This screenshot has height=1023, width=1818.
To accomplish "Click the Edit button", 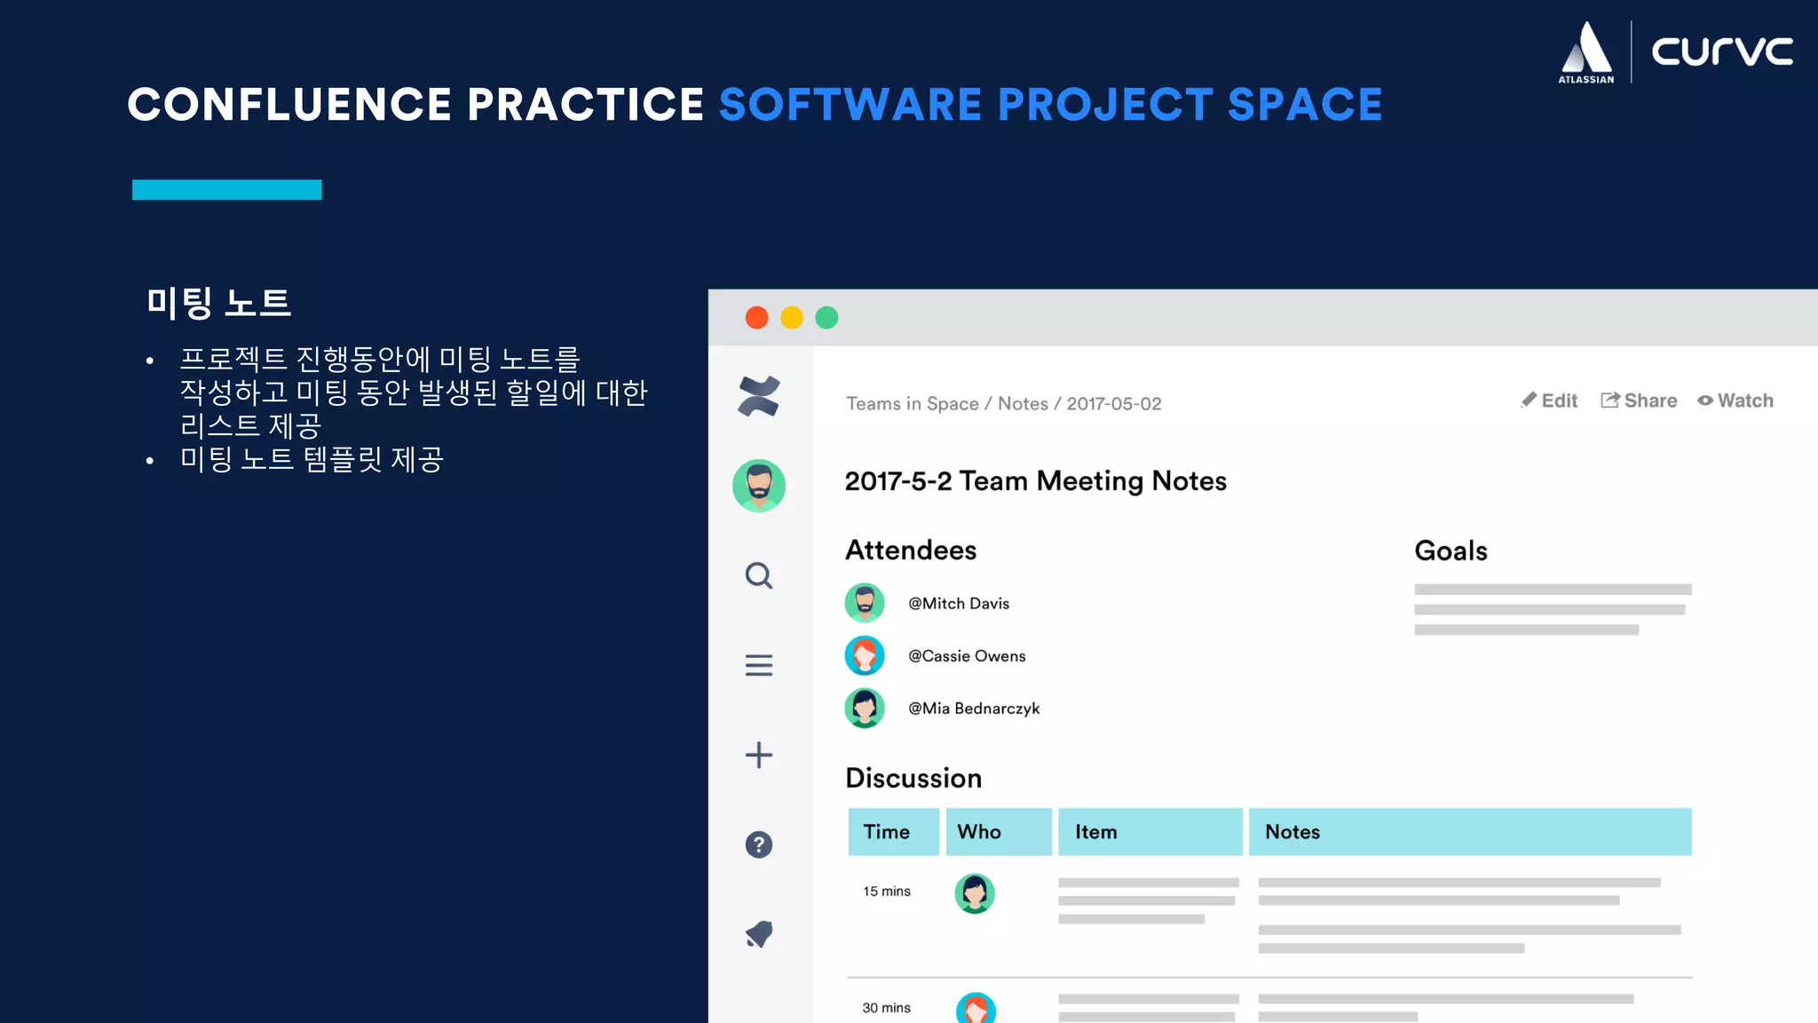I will pyautogui.click(x=1549, y=400).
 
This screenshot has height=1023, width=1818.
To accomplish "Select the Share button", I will pyautogui.click(x=1639, y=400).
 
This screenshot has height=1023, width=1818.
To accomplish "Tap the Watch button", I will pyautogui.click(x=1735, y=400).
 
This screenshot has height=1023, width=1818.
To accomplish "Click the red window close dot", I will pyautogui.click(x=756, y=318).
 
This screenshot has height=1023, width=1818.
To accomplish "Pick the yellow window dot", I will pyautogui.click(x=792, y=318).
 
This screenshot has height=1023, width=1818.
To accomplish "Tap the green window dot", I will pyautogui.click(x=826, y=318).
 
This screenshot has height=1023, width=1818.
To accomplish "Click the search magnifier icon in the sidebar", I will pyautogui.click(x=759, y=576).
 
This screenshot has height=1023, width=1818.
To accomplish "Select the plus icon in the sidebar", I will pyautogui.click(x=759, y=755).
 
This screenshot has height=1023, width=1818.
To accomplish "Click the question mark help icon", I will pyautogui.click(x=759, y=845).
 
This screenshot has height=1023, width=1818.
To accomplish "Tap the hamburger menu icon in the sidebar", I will pyautogui.click(x=759, y=665).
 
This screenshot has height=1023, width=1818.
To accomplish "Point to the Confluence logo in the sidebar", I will pyautogui.click(x=759, y=396).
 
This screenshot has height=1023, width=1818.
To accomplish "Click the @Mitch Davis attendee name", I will pyautogui.click(x=959, y=604).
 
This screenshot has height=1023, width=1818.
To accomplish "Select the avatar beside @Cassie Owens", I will pyautogui.click(x=865, y=656).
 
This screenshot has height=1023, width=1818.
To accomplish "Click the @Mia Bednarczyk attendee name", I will pyautogui.click(x=974, y=709).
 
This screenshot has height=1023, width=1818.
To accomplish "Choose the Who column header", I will pyautogui.click(x=979, y=832).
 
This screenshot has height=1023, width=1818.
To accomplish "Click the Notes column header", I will pyautogui.click(x=1292, y=832).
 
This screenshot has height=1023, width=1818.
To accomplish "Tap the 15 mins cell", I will pyautogui.click(x=887, y=892).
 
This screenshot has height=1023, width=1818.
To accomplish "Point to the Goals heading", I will pyautogui.click(x=1450, y=551).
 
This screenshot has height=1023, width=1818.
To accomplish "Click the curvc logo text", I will pyautogui.click(x=1721, y=52).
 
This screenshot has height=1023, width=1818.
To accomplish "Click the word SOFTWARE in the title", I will pyautogui.click(x=850, y=105).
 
